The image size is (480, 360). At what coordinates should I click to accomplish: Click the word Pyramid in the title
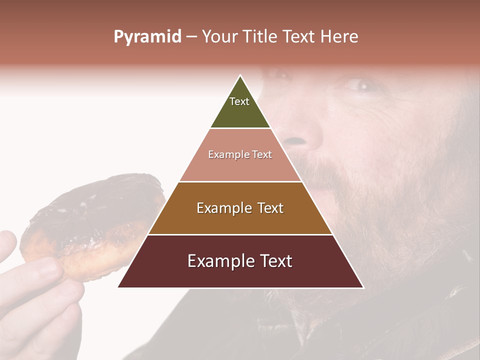point(147,37)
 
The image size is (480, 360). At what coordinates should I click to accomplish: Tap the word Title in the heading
point(260,37)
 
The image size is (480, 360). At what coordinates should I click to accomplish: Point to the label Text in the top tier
point(239,101)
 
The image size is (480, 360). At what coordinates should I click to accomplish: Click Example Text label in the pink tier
point(240,154)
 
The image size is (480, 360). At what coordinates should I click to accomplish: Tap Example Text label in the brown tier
point(240,208)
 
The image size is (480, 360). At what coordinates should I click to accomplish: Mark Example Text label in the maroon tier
point(240,261)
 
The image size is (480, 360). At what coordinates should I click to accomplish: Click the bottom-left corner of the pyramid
point(118,287)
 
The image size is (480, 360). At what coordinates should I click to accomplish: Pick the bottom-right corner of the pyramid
point(363,287)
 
